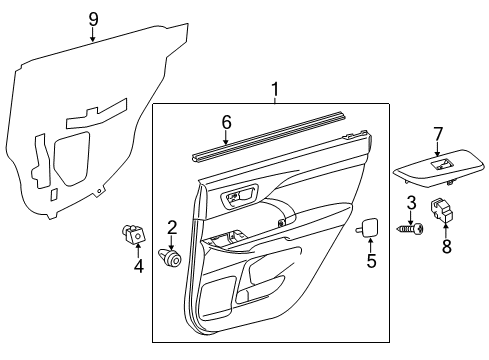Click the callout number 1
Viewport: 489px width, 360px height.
tap(275, 93)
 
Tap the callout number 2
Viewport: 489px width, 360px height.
tap(172, 227)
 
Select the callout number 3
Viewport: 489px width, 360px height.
tap(410, 205)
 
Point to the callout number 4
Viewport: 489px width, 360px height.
tap(139, 266)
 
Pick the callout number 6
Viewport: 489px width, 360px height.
tap(226, 122)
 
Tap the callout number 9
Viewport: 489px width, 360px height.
tap(93, 19)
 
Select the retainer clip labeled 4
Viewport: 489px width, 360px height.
tap(131, 235)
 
